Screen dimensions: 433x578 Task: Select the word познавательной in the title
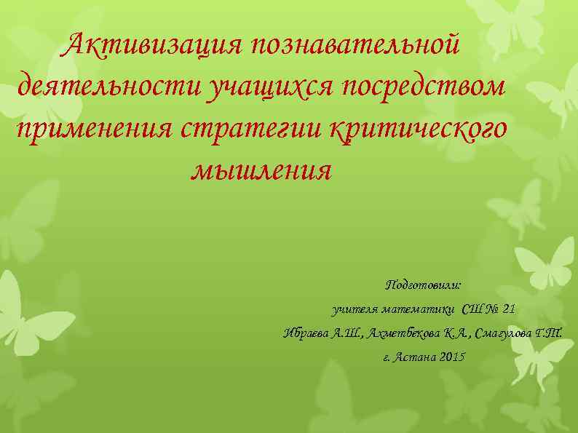coord(355,46)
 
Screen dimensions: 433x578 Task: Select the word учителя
coord(355,310)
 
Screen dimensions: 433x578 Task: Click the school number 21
coord(508,309)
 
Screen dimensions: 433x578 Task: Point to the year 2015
coord(452,358)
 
